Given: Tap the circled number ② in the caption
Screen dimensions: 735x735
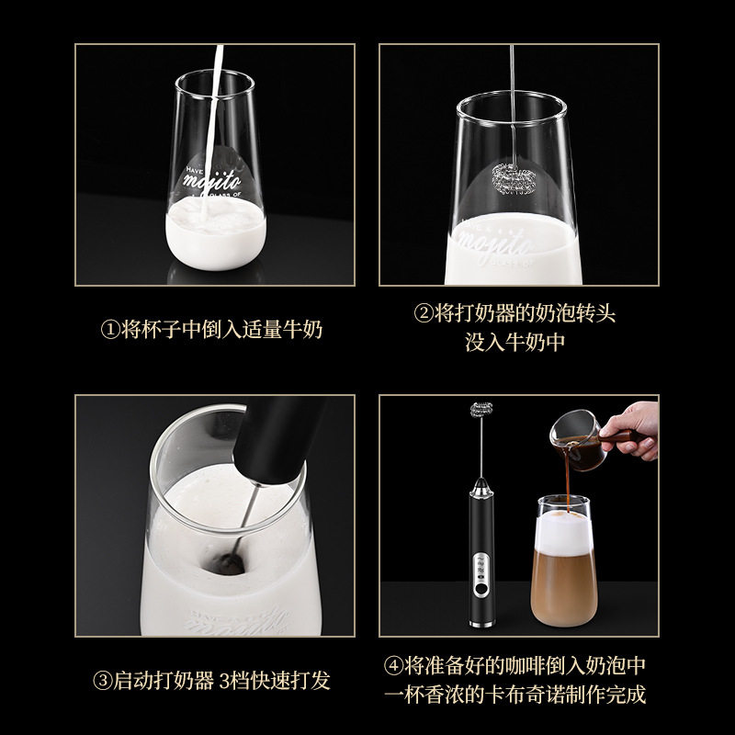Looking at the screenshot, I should click(x=424, y=314).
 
